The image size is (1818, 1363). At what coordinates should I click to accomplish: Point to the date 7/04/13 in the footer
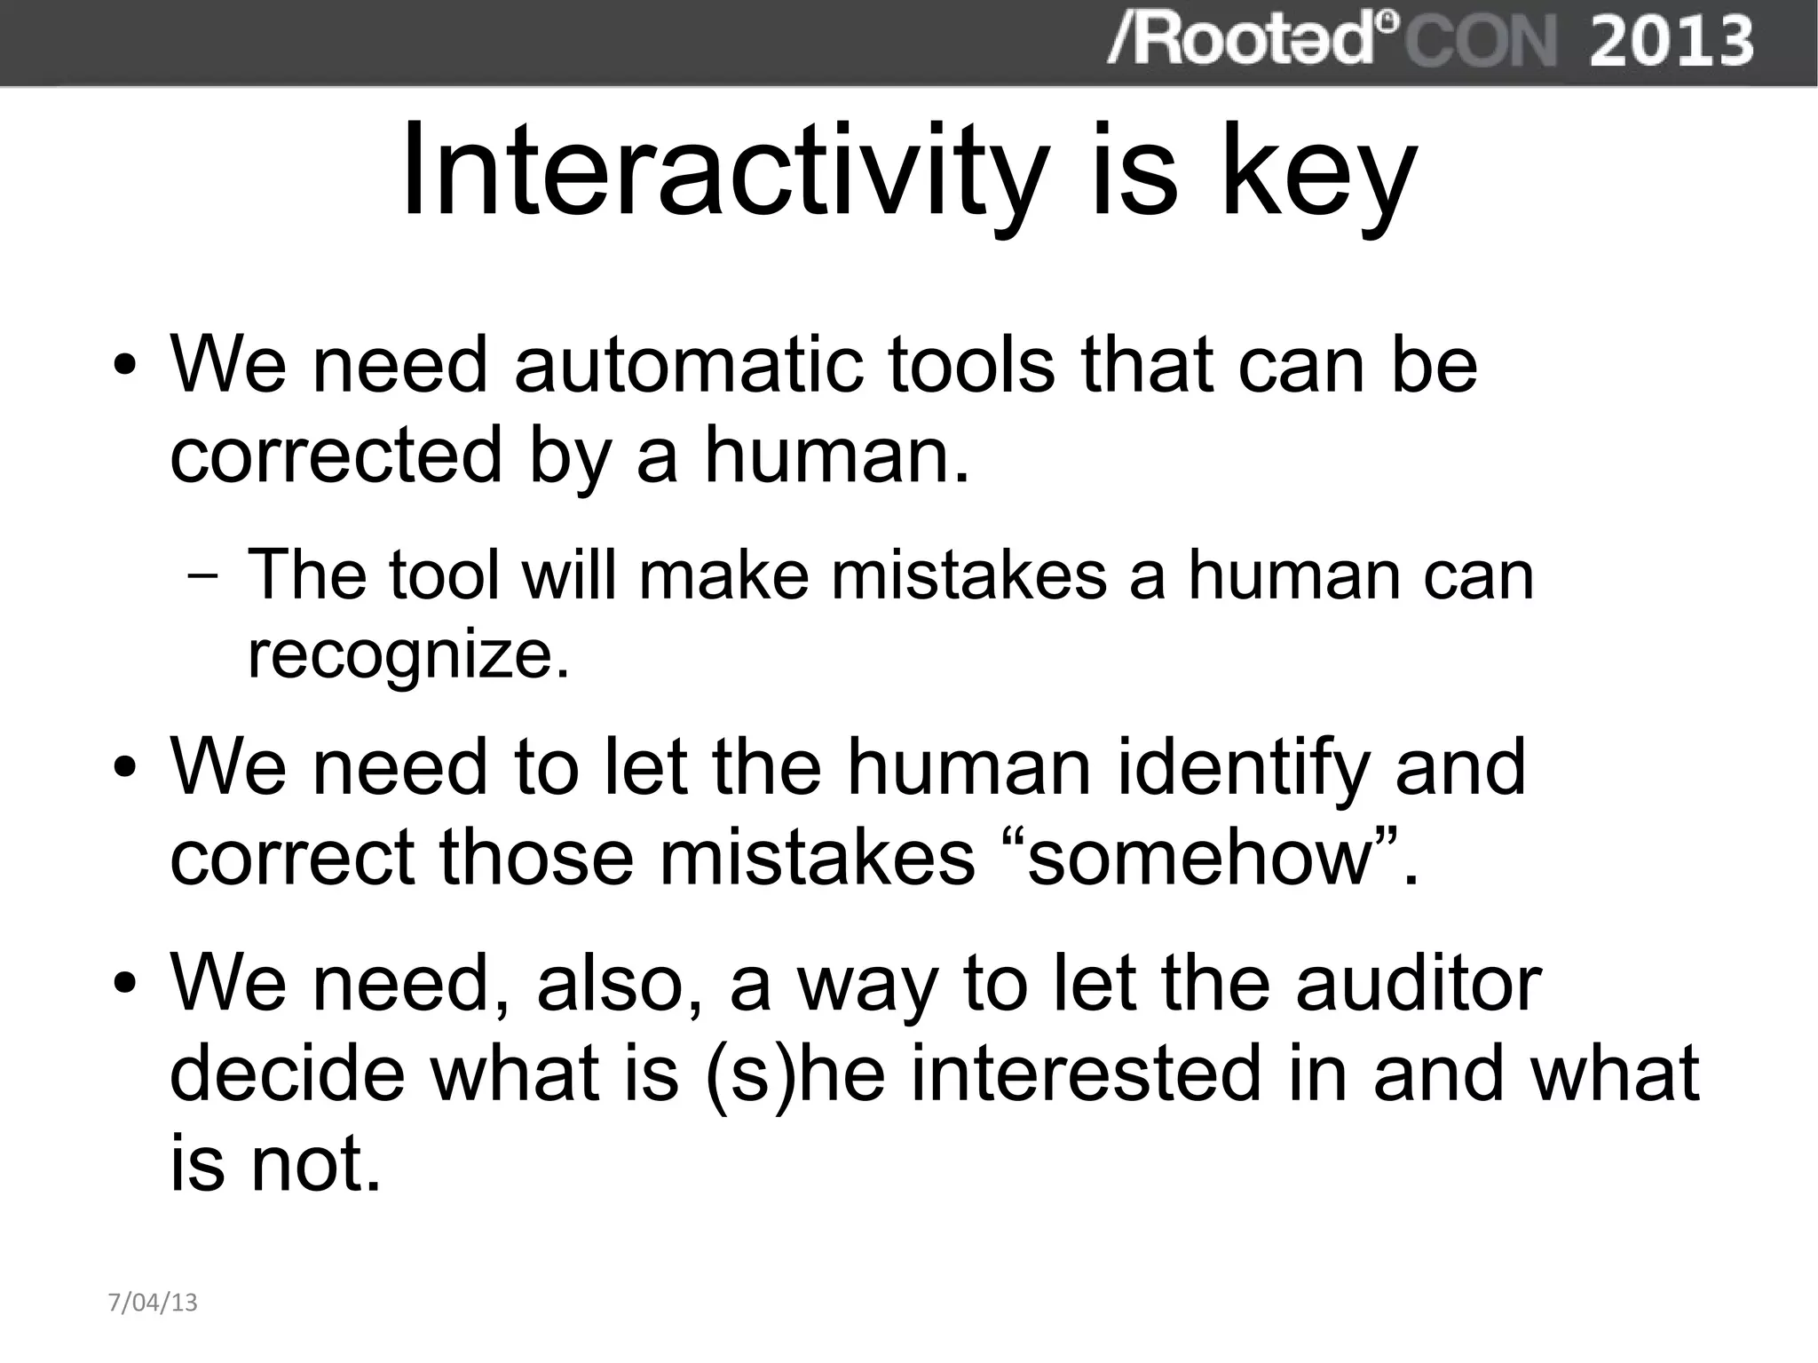pyautogui.click(x=153, y=1303)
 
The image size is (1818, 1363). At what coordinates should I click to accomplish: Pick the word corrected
pyautogui.click(x=336, y=455)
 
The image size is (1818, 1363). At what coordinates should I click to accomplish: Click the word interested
pyautogui.click(x=1086, y=1073)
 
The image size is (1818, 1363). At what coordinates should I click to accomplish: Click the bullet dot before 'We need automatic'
pyautogui.click(x=125, y=367)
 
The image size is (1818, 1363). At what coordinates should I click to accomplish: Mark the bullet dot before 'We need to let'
pyautogui.click(x=125, y=768)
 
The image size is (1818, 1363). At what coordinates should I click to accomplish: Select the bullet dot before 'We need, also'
pyautogui.click(x=125, y=986)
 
